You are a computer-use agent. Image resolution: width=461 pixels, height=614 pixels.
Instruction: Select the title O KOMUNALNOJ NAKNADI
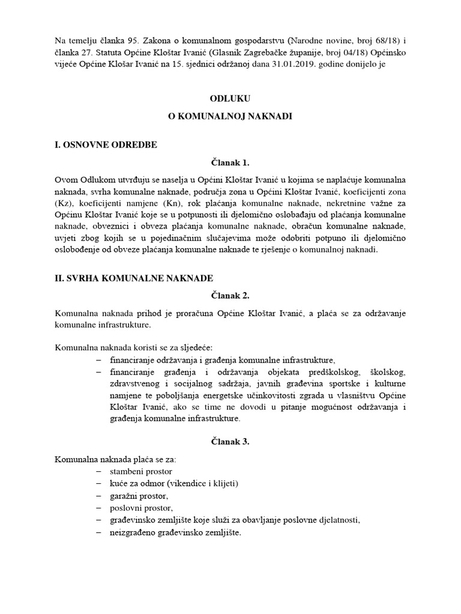[229, 117]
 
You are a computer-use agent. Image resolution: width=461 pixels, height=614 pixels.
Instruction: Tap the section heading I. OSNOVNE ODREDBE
[106, 145]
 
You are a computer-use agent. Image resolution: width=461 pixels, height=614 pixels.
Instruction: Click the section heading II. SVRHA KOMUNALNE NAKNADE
[133, 278]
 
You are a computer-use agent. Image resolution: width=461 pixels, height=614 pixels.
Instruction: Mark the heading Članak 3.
[229, 442]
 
